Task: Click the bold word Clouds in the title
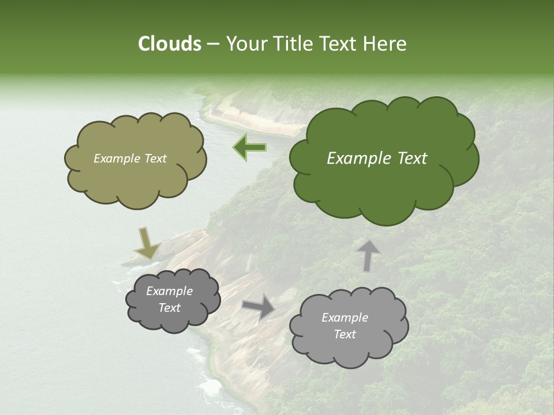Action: pos(169,44)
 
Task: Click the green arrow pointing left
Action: pos(249,147)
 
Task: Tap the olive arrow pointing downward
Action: pos(147,243)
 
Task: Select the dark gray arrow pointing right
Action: pos(258,306)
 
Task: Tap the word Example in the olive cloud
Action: pos(117,159)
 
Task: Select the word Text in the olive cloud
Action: pos(155,159)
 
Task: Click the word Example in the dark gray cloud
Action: pos(169,291)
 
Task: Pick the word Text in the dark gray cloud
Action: pos(169,308)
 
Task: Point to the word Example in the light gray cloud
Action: pos(345,318)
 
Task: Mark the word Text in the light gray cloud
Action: pos(345,334)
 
